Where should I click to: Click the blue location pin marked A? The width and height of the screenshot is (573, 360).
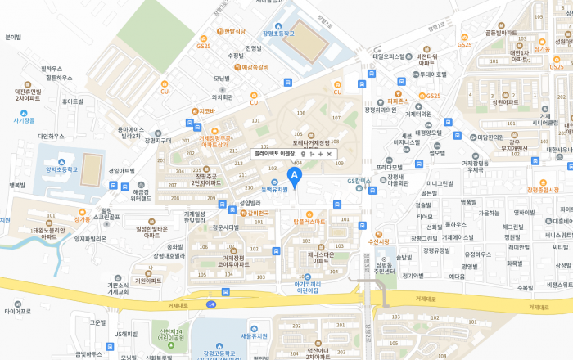click(296, 175)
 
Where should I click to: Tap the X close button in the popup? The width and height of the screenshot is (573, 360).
click(329, 154)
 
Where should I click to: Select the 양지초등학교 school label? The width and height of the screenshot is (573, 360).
click(62, 170)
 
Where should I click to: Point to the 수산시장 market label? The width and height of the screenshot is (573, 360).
click(377, 241)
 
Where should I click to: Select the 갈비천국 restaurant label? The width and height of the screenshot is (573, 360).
click(259, 214)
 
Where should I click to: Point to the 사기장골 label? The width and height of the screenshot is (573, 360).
click(25, 120)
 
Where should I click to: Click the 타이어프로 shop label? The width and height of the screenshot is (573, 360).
click(17, 311)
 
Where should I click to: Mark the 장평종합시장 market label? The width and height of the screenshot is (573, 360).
click(543, 190)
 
